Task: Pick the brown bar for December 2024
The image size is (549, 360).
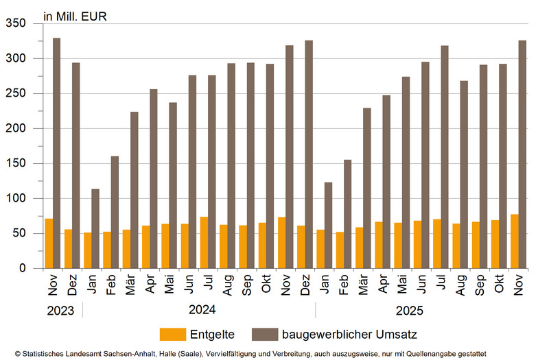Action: point(309,154)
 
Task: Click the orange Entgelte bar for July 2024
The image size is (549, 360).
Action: point(204,243)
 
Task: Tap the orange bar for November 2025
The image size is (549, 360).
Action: point(515,241)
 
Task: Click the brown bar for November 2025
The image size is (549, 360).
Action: point(522,154)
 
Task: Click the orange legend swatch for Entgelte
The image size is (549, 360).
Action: point(173,334)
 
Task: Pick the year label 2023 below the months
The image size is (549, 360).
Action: point(62,310)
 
